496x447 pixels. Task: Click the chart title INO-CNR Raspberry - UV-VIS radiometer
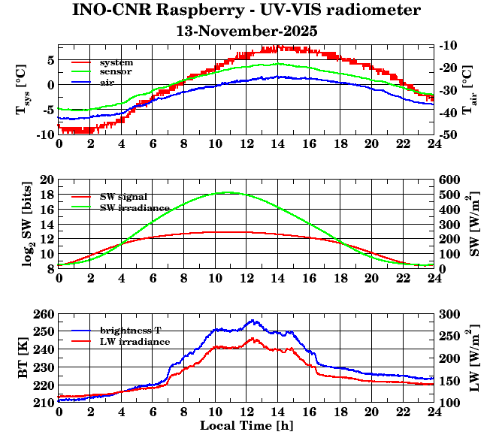(x=246, y=11)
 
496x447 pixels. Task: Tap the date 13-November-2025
(x=246, y=32)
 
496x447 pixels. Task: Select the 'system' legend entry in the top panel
(x=116, y=62)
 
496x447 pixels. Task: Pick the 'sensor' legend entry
(x=116, y=72)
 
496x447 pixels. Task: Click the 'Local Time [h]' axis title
(x=246, y=425)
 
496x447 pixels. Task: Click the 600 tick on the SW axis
(x=449, y=180)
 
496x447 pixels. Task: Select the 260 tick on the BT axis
(x=44, y=314)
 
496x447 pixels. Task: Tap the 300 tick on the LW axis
(x=449, y=314)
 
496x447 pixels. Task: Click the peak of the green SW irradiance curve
(x=229, y=192)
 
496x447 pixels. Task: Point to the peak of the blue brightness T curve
(x=253, y=321)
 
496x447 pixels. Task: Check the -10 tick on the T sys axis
(x=44, y=134)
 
